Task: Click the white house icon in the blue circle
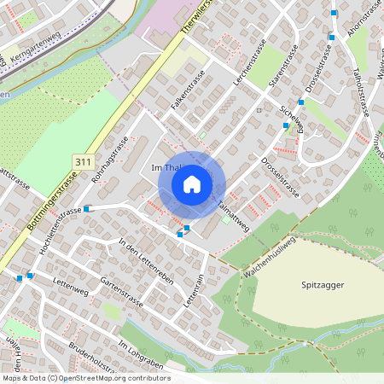[192, 184]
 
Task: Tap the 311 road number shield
[83, 160]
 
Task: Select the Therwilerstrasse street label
[198, 19]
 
